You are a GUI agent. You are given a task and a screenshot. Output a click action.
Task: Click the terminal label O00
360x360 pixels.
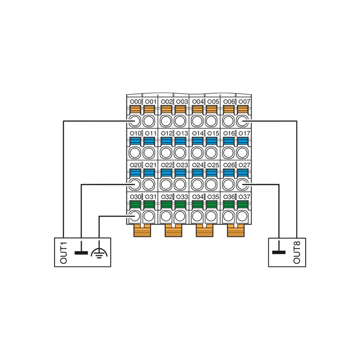pyautogui.click(x=136, y=102)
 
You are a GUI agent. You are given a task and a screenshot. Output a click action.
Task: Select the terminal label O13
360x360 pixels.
pyautogui.click(x=182, y=133)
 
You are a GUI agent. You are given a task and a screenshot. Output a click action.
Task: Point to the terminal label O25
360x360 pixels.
pyautogui.click(x=213, y=165)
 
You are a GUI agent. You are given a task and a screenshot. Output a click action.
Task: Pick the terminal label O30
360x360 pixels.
pyautogui.click(x=136, y=197)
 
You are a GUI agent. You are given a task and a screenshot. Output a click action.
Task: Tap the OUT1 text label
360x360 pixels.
pyautogui.click(x=63, y=252)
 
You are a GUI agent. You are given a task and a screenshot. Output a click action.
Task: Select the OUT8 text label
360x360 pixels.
pyautogui.click(x=297, y=252)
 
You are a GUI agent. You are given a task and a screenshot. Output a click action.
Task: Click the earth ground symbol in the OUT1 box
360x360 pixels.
pyautogui.click(x=99, y=252)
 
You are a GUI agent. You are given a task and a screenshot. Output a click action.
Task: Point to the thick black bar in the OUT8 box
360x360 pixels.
pyautogui.click(x=279, y=252)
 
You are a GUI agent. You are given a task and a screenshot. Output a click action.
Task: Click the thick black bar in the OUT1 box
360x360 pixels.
pyautogui.click(x=81, y=253)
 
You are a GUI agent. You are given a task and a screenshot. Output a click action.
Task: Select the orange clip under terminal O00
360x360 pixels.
pyautogui.click(x=135, y=109)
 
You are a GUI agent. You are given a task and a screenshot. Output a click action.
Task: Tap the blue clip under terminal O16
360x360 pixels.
pyautogui.click(x=229, y=141)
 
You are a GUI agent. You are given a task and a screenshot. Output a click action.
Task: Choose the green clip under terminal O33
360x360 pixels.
pyautogui.click(x=180, y=205)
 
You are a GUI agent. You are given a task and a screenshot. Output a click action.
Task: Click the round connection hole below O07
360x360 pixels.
pyautogui.click(x=242, y=121)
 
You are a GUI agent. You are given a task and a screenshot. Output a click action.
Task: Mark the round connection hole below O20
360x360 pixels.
pyautogui.click(x=135, y=184)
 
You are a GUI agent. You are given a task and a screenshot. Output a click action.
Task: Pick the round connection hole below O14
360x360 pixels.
pyautogui.click(x=197, y=153)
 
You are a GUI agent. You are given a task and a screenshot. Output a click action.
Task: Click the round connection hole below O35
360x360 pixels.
pyautogui.click(x=211, y=216)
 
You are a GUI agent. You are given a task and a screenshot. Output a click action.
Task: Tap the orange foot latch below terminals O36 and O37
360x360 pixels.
pyautogui.click(x=236, y=230)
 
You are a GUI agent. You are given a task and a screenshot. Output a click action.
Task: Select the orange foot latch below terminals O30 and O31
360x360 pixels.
pyautogui.click(x=142, y=230)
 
